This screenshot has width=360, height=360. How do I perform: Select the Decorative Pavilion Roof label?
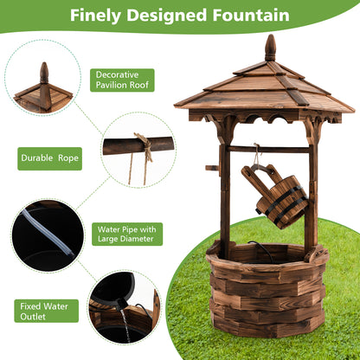(x=122, y=80)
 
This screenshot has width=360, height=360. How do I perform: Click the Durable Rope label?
(x=50, y=158)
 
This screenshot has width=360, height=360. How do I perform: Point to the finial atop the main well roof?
(x=270, y=47)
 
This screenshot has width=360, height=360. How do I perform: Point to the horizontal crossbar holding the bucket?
(x=268, y=149)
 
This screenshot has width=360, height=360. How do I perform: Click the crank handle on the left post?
(x=212, y=167)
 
